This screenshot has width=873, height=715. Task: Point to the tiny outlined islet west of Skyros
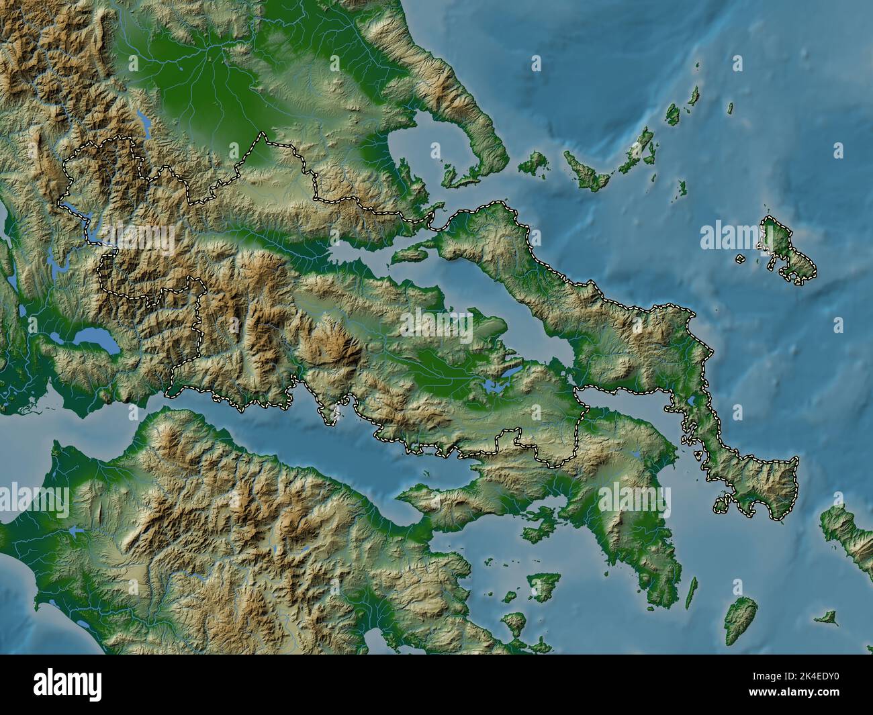(x=739, y=258)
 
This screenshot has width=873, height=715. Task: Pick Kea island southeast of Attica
(x=739, y=614)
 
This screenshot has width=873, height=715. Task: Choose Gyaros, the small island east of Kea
(x=826, y=616)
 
